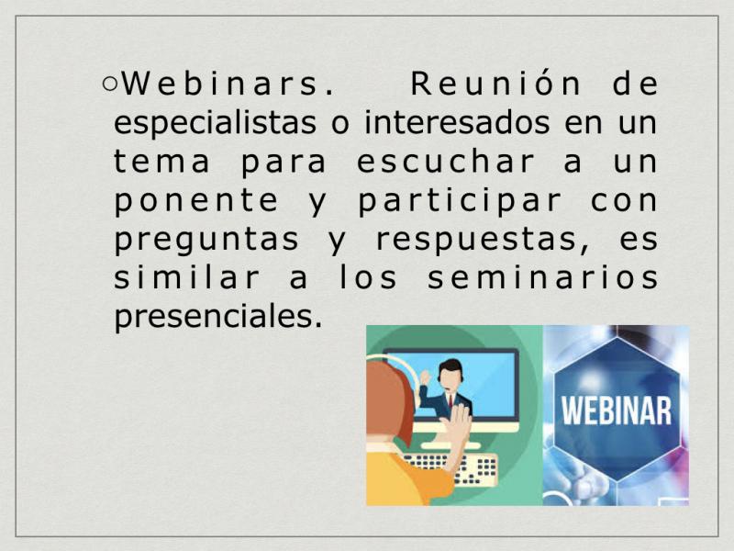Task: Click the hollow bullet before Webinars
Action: pos(109,84)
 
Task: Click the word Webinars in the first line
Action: pos(228,84)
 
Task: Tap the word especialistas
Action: pos(215,123)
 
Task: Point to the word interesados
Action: pos(457,122)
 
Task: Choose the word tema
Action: pos(161,162)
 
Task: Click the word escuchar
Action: pos(445,162)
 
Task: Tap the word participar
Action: pos(460,202)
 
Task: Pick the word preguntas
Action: pos(206,241)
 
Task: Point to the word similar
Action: pos(186,277)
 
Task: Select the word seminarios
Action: pos(543,277)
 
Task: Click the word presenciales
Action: pos(218,318)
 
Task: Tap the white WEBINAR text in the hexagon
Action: pos(617,410)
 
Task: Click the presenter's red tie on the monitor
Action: pos(450,401)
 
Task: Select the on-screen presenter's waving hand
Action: pos(425,377)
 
